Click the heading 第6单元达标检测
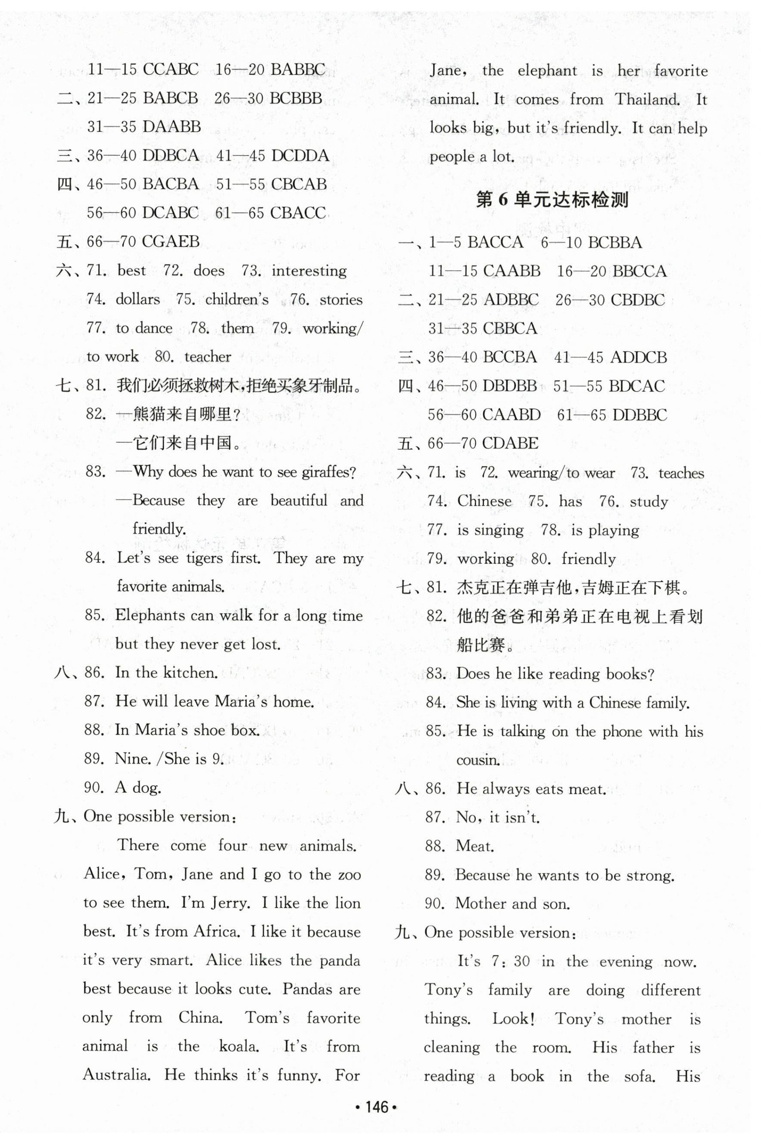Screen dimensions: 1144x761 552,200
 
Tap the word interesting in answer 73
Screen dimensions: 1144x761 309,271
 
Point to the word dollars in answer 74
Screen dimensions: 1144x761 137,299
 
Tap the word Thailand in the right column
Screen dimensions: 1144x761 647,99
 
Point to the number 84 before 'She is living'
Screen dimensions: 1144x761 435,703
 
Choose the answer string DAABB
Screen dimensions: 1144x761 172,127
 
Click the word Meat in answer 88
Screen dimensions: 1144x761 474,846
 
